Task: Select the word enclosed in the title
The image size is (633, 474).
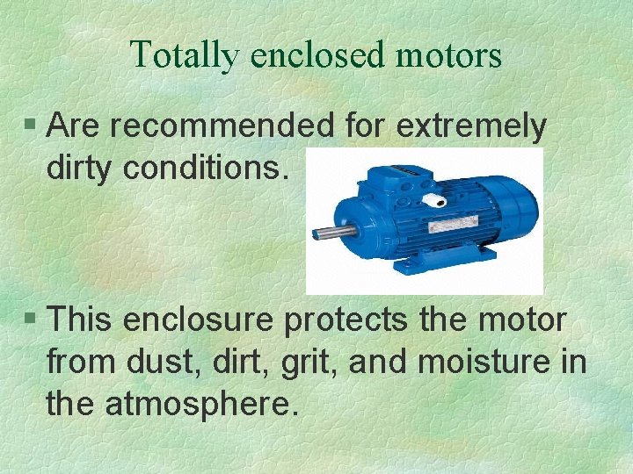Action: [318, 54]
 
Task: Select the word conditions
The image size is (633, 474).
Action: [205, 167]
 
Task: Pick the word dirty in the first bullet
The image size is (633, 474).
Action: [80, 167]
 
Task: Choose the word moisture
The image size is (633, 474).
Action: [483, 361]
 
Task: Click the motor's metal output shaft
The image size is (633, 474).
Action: [331, 233]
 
